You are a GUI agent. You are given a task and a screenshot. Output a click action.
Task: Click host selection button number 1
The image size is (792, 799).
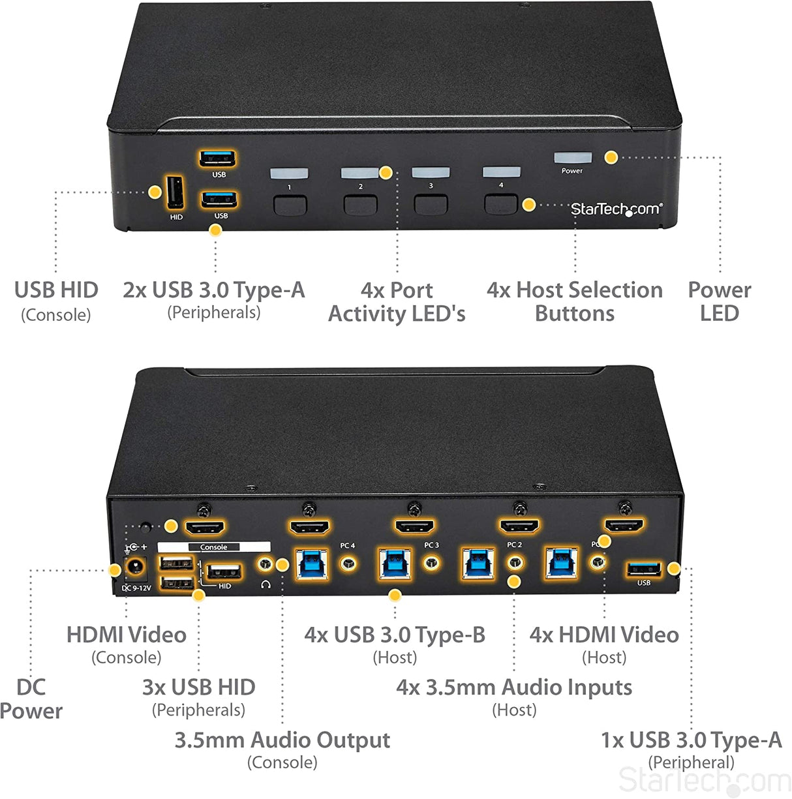click(290, 205)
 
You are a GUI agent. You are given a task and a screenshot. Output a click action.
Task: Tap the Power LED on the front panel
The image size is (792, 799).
click(572, 158)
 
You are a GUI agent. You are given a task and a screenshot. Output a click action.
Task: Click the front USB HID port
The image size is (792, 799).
click(175, 193)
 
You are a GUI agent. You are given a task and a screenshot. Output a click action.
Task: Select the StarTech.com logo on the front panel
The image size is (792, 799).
click(616, 209)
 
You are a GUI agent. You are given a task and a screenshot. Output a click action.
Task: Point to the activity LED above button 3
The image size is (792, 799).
click(430, 173)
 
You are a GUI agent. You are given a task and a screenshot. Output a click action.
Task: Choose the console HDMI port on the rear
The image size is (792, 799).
click(205, 527)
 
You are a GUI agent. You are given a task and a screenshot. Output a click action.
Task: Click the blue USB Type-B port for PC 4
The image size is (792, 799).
click(311, 564)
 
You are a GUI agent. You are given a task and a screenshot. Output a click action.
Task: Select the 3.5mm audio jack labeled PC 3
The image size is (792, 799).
click(431, 562)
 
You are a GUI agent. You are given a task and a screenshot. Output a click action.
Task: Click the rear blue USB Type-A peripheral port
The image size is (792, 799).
click(643, 569)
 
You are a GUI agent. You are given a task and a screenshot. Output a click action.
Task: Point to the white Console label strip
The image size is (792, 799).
click(214, 547)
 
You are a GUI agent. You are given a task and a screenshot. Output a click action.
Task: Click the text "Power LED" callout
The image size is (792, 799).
click(719, 301)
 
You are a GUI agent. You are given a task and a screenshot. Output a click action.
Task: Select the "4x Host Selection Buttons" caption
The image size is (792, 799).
click(574, 301)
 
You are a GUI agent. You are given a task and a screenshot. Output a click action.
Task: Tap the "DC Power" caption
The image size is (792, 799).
click(31, 699)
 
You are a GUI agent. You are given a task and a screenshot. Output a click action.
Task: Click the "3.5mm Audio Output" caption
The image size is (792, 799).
click(282, 740)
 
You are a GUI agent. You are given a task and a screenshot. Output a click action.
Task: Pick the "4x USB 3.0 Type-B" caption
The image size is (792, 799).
click(395, 635)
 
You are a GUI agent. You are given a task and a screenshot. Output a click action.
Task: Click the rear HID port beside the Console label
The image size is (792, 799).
click(224, 573)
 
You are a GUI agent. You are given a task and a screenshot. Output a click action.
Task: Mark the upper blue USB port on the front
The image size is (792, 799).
click(218, 158)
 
